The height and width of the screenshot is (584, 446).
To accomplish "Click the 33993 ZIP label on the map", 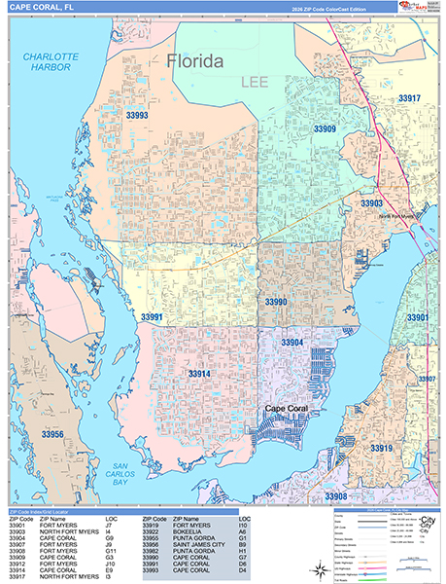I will [137, 115].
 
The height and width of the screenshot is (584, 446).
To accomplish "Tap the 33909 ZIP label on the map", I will [325, 128].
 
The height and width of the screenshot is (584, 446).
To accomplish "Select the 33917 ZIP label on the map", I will [409, 98].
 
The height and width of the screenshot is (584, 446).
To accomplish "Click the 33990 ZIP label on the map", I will [276, 302].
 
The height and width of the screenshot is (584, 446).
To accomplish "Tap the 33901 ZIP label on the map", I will [418, 318].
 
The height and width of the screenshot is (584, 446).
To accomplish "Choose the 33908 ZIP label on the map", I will [335, 496].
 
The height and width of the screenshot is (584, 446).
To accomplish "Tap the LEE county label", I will [254, 86].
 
